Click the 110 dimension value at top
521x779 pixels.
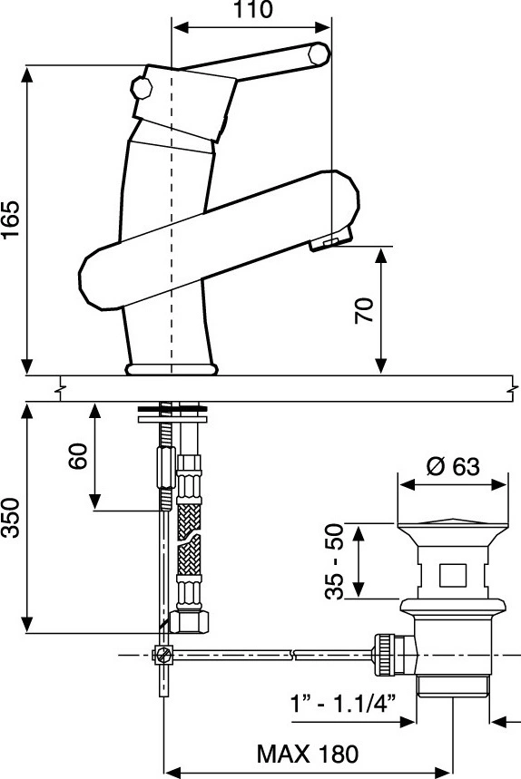point(253,9)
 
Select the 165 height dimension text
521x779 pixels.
point(11,219)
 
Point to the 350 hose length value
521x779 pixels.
point(11,518)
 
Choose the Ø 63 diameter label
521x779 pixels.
point(453,466)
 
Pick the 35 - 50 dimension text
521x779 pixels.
point(335,561)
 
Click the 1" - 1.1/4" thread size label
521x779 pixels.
point(343,704)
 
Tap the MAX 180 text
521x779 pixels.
point(307,754)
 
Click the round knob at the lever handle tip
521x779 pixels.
point(319,54)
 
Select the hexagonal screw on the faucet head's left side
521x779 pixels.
point(142,89)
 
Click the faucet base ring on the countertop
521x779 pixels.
point(172,369)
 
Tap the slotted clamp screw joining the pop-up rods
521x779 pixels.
point(163,656)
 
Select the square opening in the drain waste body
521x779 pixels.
point(452,576)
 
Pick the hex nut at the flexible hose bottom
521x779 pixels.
point(189,621)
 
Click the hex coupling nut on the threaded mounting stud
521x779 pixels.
point(165,468)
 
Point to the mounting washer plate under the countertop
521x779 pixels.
point(172,420)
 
